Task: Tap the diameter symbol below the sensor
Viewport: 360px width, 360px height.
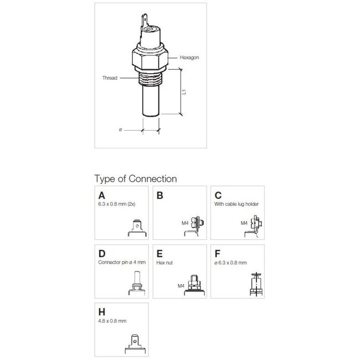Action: tap(120, 130)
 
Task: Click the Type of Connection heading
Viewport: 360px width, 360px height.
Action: tap(136, 179)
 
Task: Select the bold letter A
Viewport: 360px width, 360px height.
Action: tap(101, 196)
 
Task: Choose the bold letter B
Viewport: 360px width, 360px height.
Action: tap(160, 196)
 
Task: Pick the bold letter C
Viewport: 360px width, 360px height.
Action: tap(218, 196)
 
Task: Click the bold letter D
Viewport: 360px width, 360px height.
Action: tap(101, 254)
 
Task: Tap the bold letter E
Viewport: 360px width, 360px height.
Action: tap(160, 254)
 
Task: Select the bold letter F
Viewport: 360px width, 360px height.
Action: tap(218, 254)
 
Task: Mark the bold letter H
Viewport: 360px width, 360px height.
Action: tap(101, 312)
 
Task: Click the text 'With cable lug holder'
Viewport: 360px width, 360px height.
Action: tap(236, 204)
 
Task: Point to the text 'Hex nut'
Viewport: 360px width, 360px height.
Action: tap(165, 263)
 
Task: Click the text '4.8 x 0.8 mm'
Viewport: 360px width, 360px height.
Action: tap(111, 321)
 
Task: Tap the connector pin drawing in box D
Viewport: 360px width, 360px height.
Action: tap(135, 281)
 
